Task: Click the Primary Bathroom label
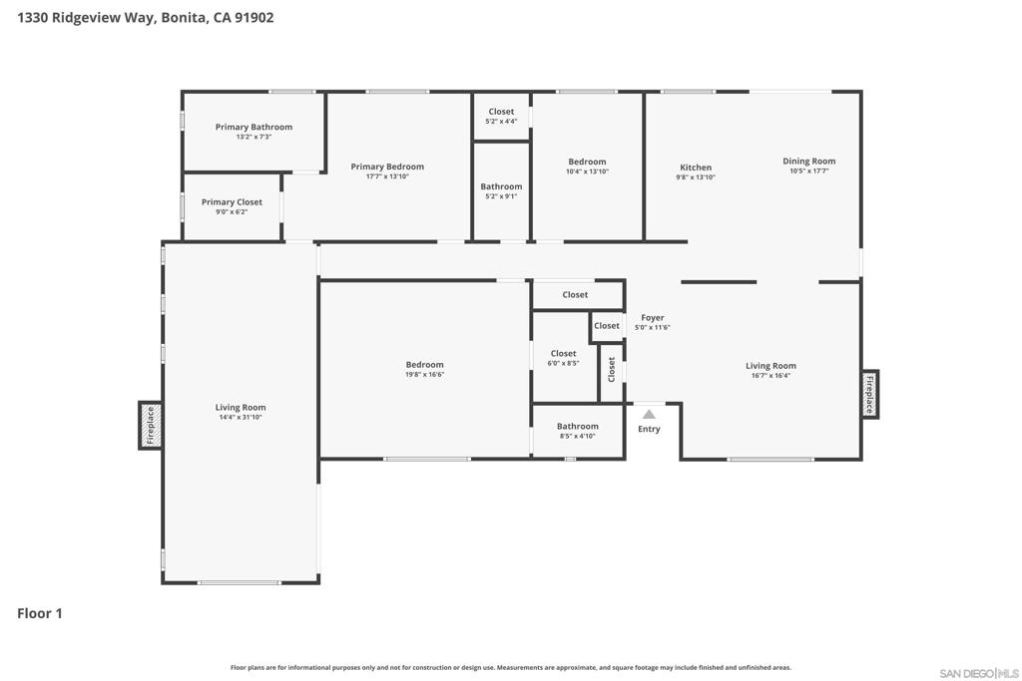pyautogui.click(x=254, y=127)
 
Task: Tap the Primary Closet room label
pyautogui.click(x=232, y=201)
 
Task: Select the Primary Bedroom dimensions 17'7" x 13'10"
pyautogui.click(x=387, y=176)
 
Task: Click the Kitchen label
pyautogui.click(x=696, y=168)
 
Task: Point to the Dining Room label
pyautogui.click(x=808, y=161)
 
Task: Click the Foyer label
pyautogui.click(x=653, y=318)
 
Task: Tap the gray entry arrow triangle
pyautogui.click(x=649, y=414)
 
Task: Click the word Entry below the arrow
pyautogui.click(x=649, y=429)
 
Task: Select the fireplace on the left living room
pyautogui.click(x=150, y=425)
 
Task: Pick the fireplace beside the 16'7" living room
pyautogui.click(x=869, y=394)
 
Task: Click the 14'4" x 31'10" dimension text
pyautogui.click(x=241, y=418)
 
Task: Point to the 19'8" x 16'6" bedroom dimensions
pyautogui.click(x=424, y=374)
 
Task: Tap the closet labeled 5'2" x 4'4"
pyautogui.click(x=501, y=117)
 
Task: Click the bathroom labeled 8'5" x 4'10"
pyautogui.click(x=578, y=431)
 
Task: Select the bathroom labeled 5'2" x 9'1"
pyautogui.click(x=501, y=191)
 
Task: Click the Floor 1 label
pyautogui.click(x=40, y=613)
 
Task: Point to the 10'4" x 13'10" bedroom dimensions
pyautogui.click(x=587, y=171)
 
